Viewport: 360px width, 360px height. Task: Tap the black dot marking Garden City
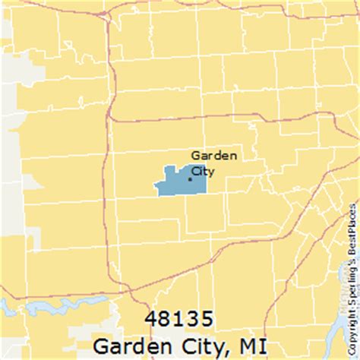[x=190, y=178]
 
